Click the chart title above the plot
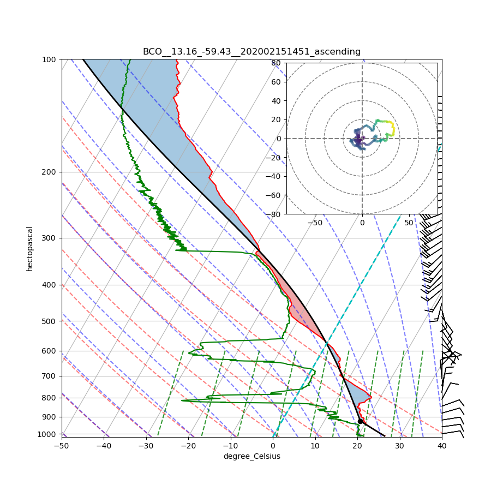click(x=252, y=52)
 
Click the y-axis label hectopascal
click(x=29, y=249)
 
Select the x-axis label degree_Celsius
click(x=252, y=456)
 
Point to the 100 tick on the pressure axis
click(x=50, y=59)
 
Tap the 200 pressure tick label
click(x=50, y=172)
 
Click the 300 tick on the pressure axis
click(x=50, y=238)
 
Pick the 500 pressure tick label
click(x=50, y=321)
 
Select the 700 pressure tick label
click(x=50, y=376)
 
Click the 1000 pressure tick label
click(x=49, y=434)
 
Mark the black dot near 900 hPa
click(x=360, y=421)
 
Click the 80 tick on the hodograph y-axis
click(x=276, y=63)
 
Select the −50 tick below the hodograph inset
click(x=315, y=223)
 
